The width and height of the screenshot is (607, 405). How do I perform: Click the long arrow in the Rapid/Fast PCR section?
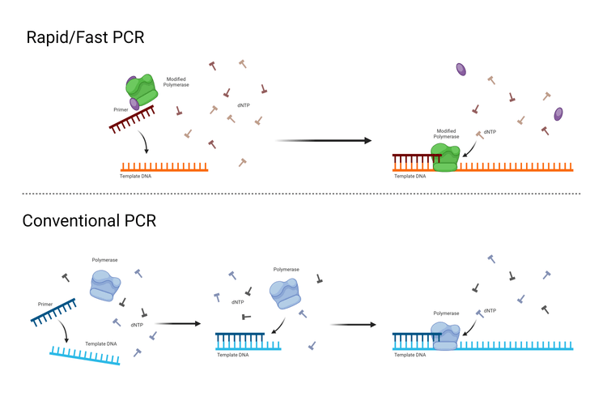pyautogui.click(x=323, y=141)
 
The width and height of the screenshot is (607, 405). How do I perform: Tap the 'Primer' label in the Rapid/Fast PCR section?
pyautogui.click(x=121, y=109)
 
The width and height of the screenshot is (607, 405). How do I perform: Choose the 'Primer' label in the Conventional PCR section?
pyautogui.click(x=47, y=304)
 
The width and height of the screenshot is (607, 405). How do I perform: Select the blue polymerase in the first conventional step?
pyautogui.click(x=105, y=287)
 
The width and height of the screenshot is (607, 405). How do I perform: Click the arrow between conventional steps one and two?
pyautogui.click(x=176, y=323)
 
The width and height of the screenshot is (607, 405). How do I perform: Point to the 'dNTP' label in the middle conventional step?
pyautogui.click(x=238, y=302)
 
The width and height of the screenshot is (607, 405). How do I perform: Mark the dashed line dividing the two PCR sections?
pyautogui.click(x=303, y=194)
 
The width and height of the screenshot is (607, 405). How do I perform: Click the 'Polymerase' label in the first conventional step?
pyautogui.click(x=104, y=260)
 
